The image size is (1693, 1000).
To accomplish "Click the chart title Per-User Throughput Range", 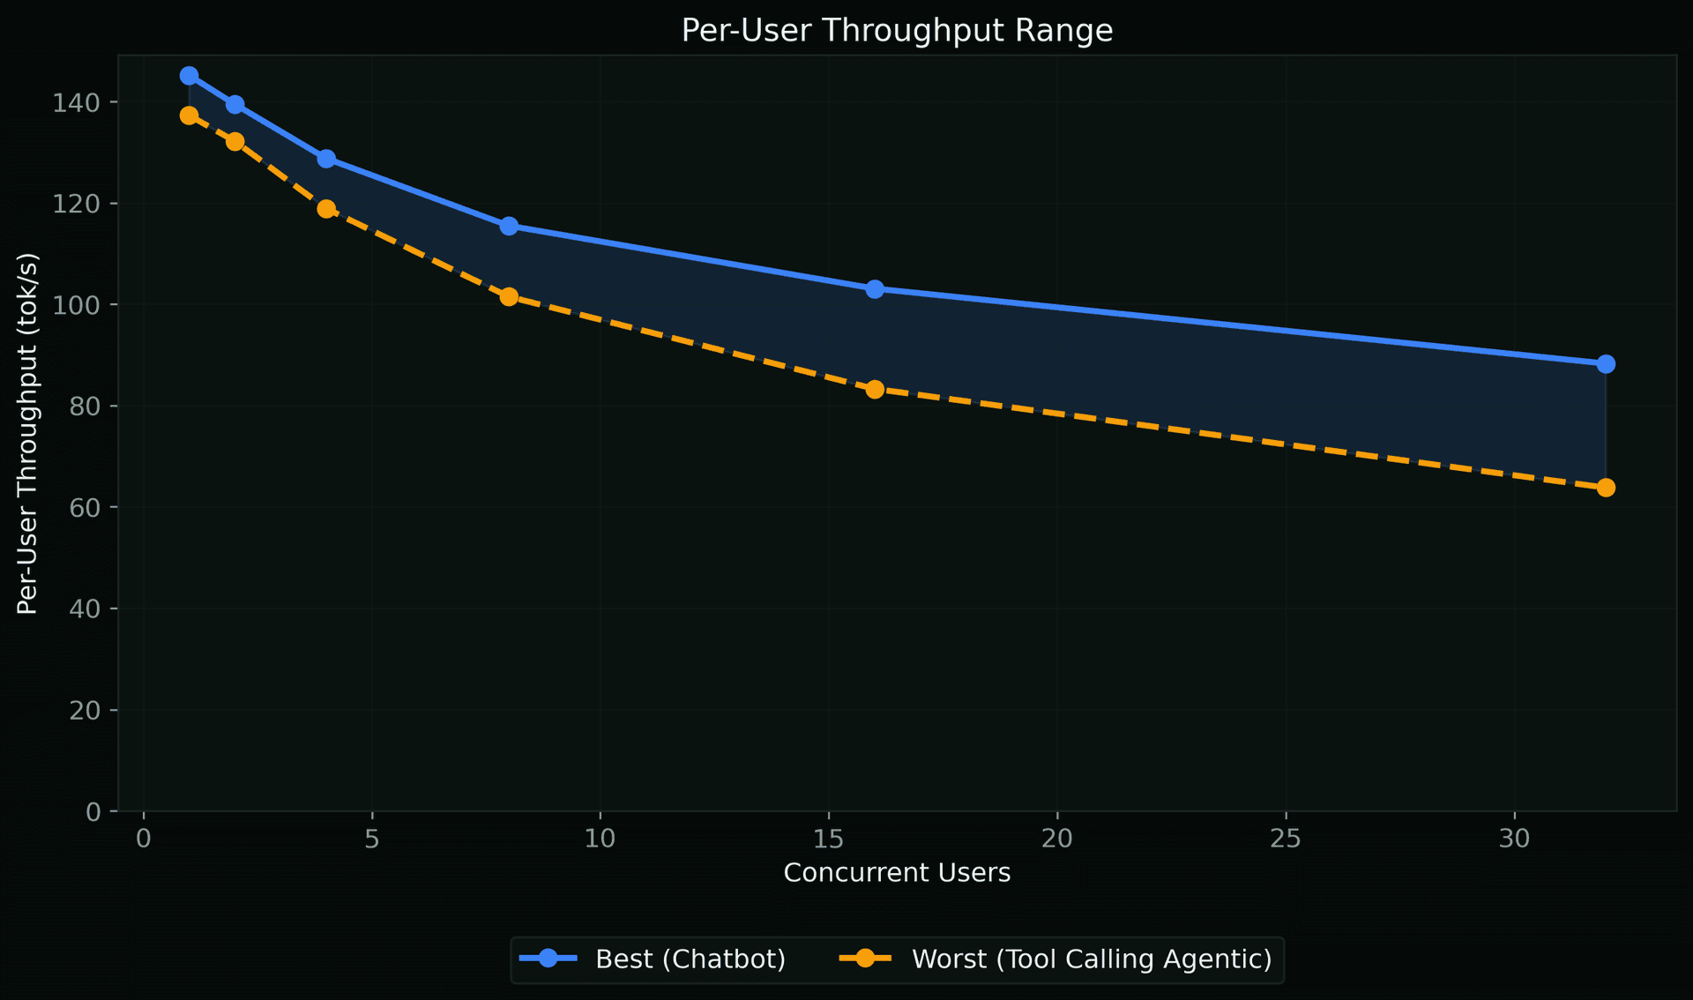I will (897, 31).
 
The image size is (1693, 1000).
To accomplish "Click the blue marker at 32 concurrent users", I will (1606, 364).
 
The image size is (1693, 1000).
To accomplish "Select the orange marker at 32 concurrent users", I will (1606, 488).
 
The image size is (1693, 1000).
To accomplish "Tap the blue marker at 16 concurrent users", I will (875, 289).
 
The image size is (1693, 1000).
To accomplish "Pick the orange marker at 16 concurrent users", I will (875, 389).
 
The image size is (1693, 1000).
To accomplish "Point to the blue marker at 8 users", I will (509, 226).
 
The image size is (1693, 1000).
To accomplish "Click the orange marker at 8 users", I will (509, 296).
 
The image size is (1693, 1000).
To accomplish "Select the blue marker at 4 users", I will (326, 159).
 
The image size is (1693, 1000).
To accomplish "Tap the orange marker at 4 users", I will (326, 209).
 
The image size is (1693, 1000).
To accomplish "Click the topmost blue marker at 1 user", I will (189, 76).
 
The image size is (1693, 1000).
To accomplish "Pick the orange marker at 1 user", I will (189, 116).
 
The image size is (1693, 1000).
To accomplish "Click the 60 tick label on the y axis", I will (86, 508).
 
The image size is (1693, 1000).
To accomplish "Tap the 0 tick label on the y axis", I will (93, 812).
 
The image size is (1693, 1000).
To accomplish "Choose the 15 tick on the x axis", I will (828, 839).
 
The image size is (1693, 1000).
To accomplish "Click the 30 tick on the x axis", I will (1514, 839).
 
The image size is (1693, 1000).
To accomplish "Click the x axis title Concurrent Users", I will (897, 873).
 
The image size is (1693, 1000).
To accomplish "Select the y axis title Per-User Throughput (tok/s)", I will (27, 434).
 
